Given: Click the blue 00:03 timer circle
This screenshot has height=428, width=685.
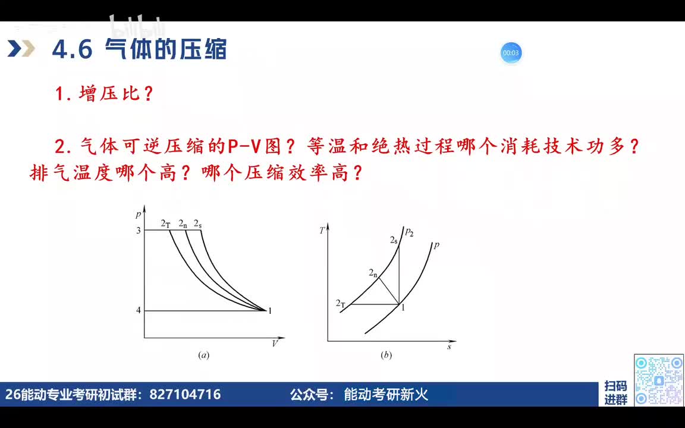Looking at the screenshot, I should coord(511,53).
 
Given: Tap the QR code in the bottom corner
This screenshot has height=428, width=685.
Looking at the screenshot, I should coord(658,380).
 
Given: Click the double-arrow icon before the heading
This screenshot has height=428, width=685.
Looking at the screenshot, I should coord(21,49).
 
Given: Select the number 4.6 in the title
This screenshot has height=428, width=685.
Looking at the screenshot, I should coord(72,49).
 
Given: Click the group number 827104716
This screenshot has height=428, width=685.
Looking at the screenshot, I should coord(185,394).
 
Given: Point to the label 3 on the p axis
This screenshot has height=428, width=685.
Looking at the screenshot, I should coord(139,230).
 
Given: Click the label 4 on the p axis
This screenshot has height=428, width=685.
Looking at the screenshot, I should coord(139,310).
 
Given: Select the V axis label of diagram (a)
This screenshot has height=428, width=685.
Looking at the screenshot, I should coord(275,344).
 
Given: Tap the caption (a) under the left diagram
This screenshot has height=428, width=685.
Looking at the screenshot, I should coord(203,355).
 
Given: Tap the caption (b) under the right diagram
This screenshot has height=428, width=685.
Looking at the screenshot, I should coord(386,355).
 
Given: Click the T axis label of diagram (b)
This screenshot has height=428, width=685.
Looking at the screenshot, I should coord(322,230).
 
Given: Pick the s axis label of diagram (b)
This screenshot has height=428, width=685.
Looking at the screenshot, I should coord(449,346).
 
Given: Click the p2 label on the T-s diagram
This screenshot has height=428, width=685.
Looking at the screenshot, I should coord(409,232).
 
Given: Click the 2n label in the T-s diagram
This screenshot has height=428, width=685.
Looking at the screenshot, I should coord(373,273).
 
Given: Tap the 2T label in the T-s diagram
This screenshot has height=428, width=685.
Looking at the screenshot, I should coord(341,304).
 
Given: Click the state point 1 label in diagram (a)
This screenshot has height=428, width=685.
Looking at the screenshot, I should coord(270,310).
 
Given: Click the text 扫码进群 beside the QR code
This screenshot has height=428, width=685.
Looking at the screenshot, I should coord(615,393).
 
